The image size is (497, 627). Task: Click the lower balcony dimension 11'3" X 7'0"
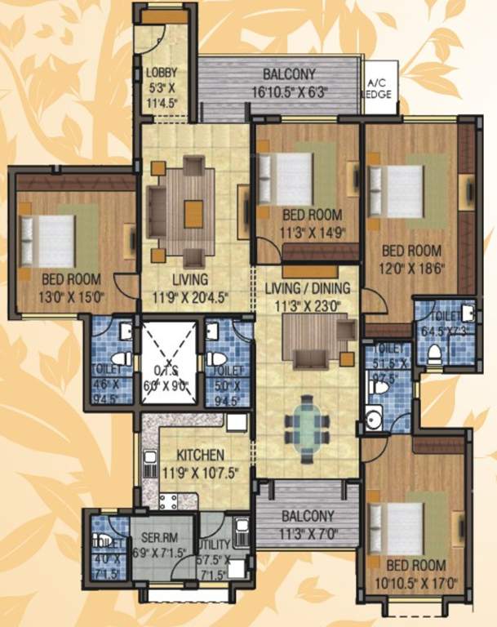click(307, 536)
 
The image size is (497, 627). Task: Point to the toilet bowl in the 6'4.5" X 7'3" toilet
click(435, 353)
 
